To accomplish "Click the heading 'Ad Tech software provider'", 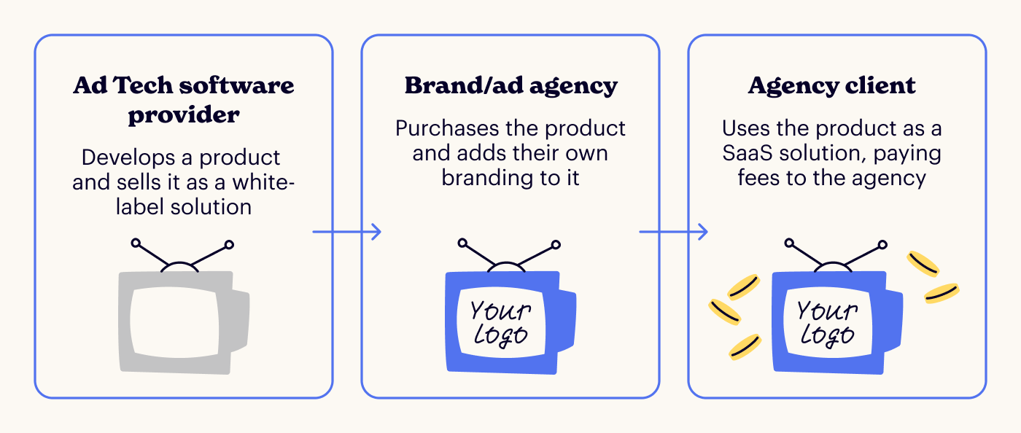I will click(x=183, y=99).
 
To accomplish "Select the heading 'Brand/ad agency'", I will click(x=510, y=86).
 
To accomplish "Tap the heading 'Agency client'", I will click(x=831, y=86).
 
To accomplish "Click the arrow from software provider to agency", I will click(x=347, y=233).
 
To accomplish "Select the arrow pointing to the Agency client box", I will click(x=674, y=233).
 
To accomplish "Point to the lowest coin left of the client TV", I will click(x=745, y=348).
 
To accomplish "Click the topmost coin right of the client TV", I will click(x=923, y=264).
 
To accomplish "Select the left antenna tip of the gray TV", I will click(x=136, y=243).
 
